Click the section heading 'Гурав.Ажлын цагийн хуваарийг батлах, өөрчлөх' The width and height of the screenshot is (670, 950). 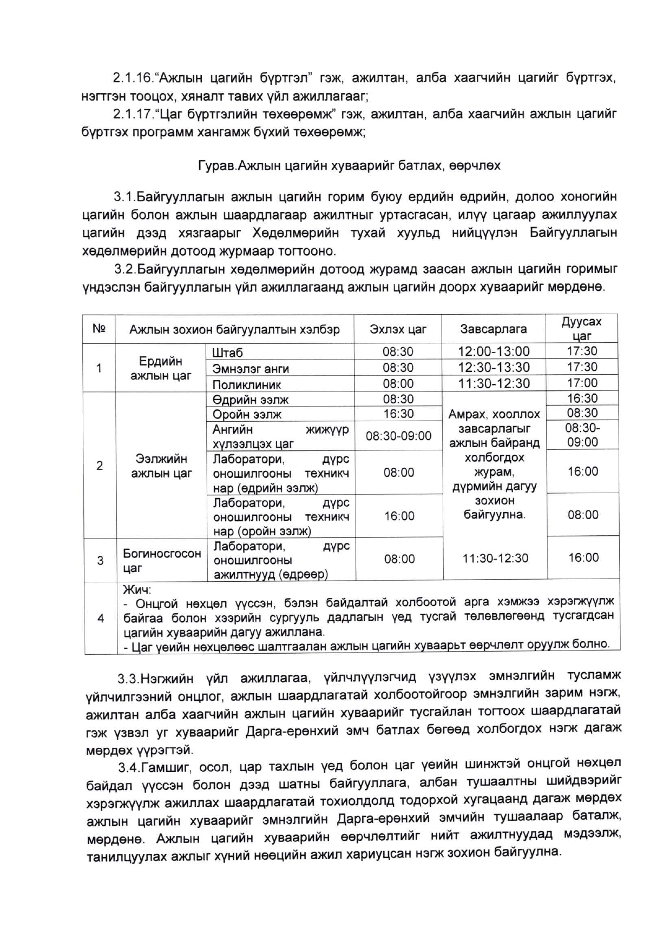pos(349,165)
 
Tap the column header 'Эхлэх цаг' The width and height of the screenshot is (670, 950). pos(398,329)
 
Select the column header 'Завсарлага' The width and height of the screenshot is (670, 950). pos(493,329)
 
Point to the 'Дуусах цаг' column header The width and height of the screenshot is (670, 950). pos(581,328)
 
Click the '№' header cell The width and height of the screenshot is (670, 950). pos(98,329)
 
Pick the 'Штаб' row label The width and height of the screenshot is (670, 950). pos(228,353)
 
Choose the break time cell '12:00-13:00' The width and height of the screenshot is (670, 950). pos(494,351)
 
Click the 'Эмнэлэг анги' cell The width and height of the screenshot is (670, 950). pos(251,369)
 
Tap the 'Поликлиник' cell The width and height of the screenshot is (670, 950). pos(247,385)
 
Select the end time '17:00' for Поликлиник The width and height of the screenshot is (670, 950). pos(582,383)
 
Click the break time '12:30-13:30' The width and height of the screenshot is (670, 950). pos(494,368)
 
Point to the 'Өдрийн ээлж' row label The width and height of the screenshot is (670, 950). pos(251,400)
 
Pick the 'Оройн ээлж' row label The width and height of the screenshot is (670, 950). pos(247,415)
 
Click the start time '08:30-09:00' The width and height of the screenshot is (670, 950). pos(398,436)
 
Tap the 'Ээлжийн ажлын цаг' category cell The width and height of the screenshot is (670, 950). pos(161,466)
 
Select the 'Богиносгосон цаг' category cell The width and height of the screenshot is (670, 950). pos(161,560)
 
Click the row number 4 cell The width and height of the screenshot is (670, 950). pos(101,617)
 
